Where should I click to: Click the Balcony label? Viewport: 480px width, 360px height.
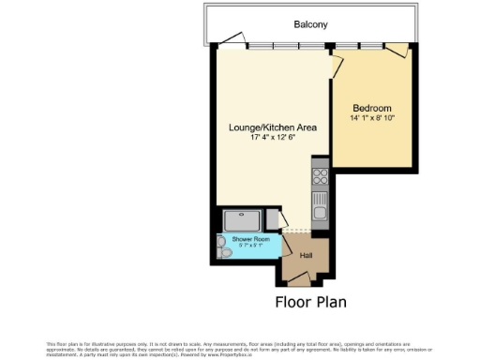tap(309, 24)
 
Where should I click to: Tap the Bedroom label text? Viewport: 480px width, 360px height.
tap(371, 108)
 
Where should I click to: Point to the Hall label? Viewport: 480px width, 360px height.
tap(306, 255)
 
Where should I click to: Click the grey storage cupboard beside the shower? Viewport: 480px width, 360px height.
tap(273, 219)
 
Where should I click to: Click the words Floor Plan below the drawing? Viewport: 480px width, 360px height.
tap(310, 302)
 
